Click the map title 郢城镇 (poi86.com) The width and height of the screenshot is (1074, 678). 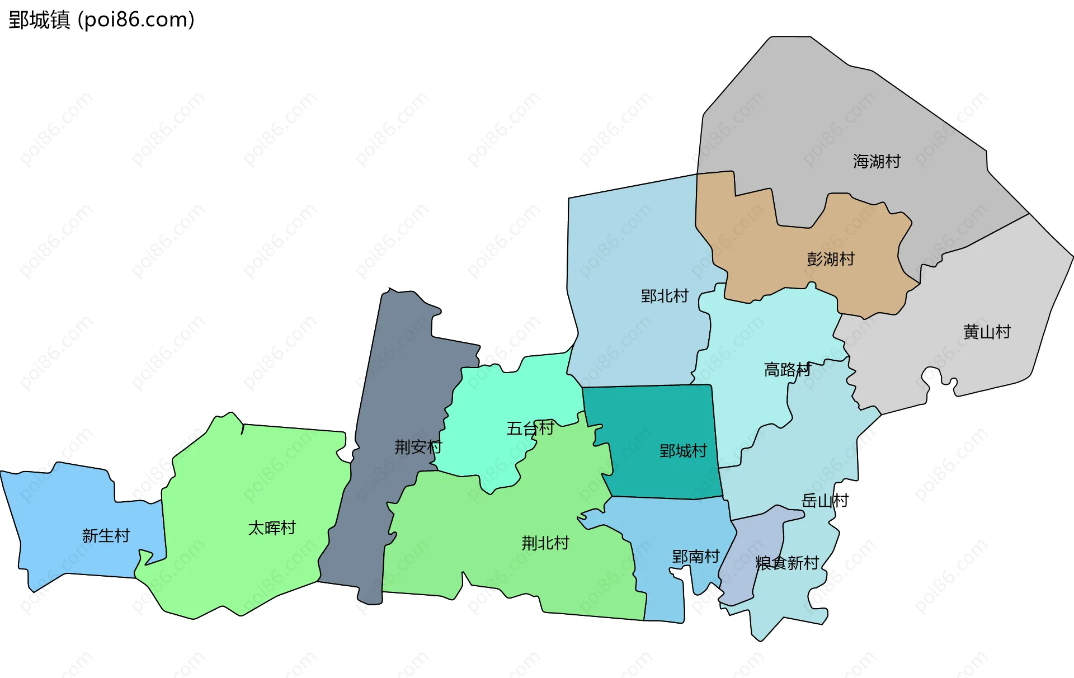(x=101, y=20)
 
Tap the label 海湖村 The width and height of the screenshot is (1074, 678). (x=877, y=162)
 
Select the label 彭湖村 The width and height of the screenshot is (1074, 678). (x=831, y=259)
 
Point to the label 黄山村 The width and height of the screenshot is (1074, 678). (x=987, y=332)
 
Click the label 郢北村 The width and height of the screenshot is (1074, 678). (x=665, y=296)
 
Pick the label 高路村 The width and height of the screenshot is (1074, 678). (x=788, y=370)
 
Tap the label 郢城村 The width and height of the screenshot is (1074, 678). (x=683, y=451)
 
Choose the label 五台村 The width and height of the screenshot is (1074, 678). (x=530, y=429)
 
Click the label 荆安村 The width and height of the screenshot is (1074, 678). (x=418, y=447)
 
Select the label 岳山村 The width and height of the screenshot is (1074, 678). (x=825, y=501)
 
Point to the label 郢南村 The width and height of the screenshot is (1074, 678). (x=695, y=557)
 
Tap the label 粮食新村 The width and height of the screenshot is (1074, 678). (x=787, y=563)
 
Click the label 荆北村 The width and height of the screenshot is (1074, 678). (x=545, y=543)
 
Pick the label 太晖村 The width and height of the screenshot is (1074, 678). (x=272, y=528)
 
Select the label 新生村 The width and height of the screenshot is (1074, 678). (x=106, y=536)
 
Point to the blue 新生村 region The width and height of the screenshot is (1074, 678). (x=62, y=503)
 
